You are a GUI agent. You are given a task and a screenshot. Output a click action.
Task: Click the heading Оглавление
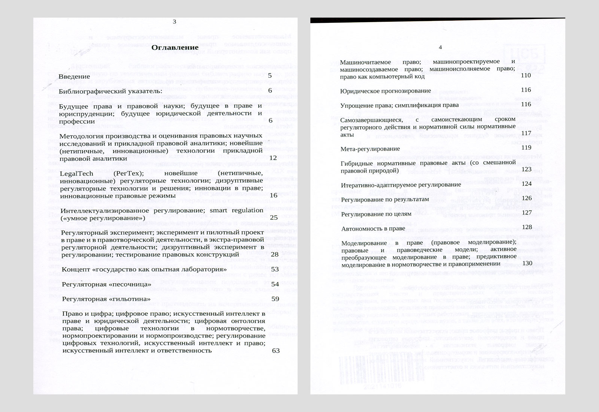pyautogui.click(x=175, y=48)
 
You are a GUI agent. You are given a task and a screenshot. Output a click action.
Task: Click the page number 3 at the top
pyautogui.click(x=174, y=22)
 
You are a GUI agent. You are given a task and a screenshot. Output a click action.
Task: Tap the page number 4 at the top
pyautogui.click(x=440, y=47)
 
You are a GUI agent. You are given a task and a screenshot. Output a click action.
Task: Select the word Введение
pyautogui.click(x=75, y=76)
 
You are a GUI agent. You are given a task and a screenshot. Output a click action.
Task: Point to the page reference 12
pyautogui.click(x=273, y=158)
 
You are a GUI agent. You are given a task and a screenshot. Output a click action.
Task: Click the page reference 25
pyautogui.click(x=274, y=217)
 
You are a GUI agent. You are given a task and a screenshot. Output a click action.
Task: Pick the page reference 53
pyautogui.click(x=275, y=269)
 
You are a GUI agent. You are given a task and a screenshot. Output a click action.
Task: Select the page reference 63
pyautogui.click(x=276, y=351)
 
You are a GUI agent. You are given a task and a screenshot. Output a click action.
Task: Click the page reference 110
pyautogui.click(x=526, y=76)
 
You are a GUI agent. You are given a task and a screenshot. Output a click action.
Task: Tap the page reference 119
pyautogui.click(x=526, y=148)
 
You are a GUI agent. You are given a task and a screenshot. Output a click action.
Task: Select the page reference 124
pyautogui.click(x=526, y=184)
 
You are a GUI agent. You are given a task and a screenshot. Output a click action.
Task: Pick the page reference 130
pyautogui.click(x=527, y=263)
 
